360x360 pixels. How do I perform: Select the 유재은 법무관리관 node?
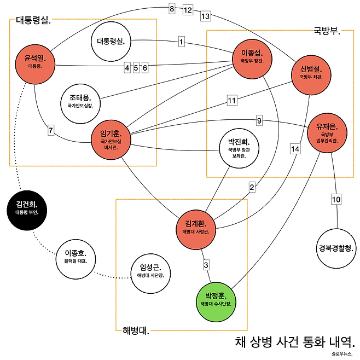(327, 132)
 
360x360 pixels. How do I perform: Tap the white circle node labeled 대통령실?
(111, 41)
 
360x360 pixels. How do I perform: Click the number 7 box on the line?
(51, 131)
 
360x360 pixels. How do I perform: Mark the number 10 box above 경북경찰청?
(336, 199)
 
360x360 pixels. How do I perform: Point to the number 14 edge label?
(295, 148)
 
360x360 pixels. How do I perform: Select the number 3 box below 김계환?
(206, 265)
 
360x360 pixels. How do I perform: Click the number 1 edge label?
(181, 42)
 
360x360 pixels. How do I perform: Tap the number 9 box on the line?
(259, 121)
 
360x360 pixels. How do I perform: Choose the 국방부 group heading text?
(327, 30)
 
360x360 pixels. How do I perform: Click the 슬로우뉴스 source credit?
(342, 354)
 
